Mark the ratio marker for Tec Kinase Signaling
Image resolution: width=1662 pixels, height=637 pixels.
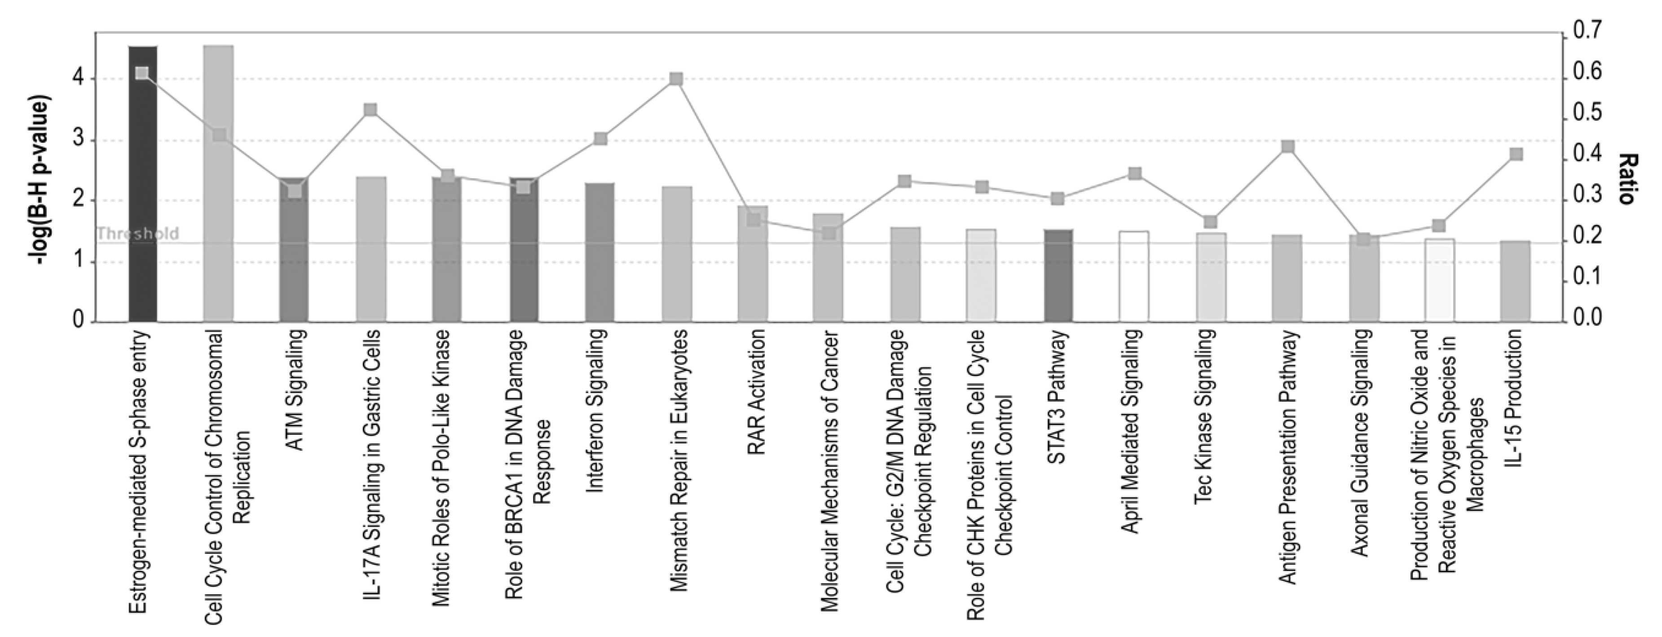click(1210, 222)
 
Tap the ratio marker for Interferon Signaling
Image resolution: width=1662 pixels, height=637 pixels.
click(600, 139)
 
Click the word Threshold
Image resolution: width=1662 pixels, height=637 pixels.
click(137, 234)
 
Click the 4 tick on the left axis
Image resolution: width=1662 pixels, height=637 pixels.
click(78, 79)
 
